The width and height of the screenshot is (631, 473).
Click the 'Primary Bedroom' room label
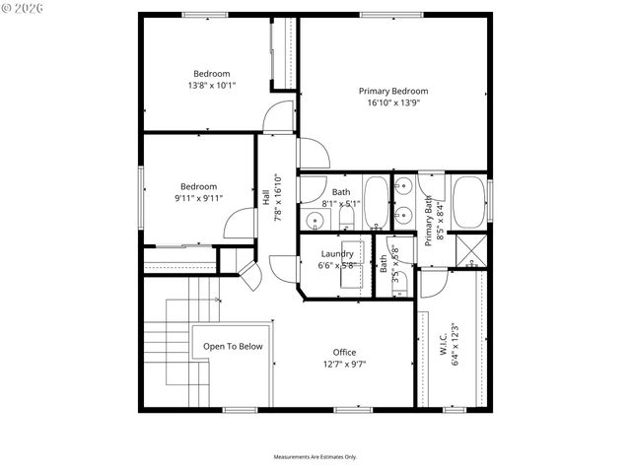point(392,91)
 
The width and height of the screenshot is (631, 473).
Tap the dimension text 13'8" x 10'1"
point(211,86)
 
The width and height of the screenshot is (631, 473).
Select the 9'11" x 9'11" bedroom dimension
point(198,198)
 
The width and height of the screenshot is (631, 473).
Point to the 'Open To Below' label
point(233,346)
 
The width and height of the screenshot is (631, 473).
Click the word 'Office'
point(344,352)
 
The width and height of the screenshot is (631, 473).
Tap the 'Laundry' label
point(336,253)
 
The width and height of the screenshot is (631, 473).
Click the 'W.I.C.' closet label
point(444,346)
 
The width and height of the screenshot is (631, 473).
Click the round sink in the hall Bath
point(314,220)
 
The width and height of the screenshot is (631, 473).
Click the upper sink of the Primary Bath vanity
point(403,186)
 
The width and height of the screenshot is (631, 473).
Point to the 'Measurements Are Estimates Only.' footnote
point(315,457)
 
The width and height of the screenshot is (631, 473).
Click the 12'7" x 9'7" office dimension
point(344,364)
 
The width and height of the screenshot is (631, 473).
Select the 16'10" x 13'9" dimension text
point(392,102)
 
